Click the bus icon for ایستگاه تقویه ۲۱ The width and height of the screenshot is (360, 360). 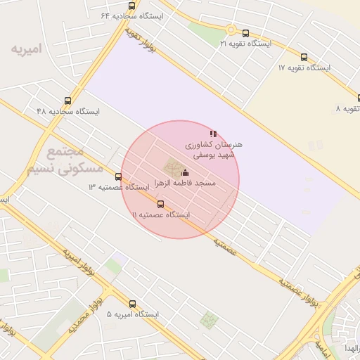click(245, 33)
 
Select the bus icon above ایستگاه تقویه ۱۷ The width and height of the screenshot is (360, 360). click(304, 58)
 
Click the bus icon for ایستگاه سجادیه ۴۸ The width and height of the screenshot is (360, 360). click(67, 101)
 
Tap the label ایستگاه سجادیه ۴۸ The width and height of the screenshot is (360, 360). click(68, 111)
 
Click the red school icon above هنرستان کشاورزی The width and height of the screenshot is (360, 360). click(213, 134)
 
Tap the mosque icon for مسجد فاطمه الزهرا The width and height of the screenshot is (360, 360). click(186, 173)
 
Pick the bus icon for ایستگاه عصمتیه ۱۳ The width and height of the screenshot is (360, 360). click(118, 177)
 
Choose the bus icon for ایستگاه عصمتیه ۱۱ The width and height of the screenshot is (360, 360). click(160, 205)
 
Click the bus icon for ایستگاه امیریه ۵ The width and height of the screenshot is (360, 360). click(132, 304)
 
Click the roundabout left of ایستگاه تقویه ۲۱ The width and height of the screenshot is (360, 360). click(230, 30)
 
